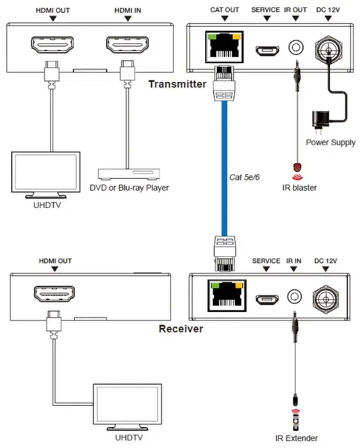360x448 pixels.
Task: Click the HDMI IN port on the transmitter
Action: tap(127, 47)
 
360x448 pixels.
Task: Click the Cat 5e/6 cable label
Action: tap(244, 177)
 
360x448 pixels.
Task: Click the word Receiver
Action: tap(181, 329)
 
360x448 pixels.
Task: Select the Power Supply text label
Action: tap(330, 142)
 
